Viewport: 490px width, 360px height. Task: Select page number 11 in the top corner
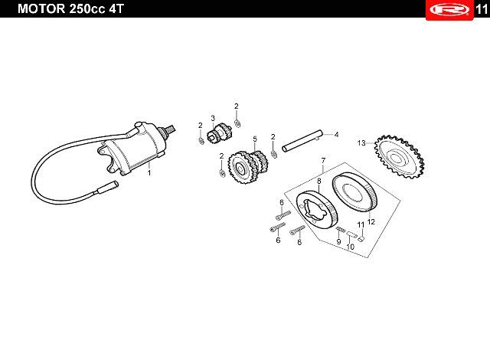(480, 9)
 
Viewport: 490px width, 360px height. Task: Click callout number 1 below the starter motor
(149, 173)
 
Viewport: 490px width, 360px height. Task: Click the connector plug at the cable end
(106, 185)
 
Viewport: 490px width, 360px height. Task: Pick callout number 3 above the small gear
(213, 117)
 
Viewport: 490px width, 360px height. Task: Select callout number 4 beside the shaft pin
(335, 134)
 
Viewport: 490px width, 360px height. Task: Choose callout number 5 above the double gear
(254, 139)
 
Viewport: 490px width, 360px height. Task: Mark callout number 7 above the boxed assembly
(323, 160)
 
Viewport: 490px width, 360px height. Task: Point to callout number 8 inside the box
(319, 181)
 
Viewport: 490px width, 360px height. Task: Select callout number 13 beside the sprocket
(361, 142)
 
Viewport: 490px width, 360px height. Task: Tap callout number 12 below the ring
(371, 221)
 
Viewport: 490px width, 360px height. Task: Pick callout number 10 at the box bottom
(350, 247)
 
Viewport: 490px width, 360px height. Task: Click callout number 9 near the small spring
(338, 241)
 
